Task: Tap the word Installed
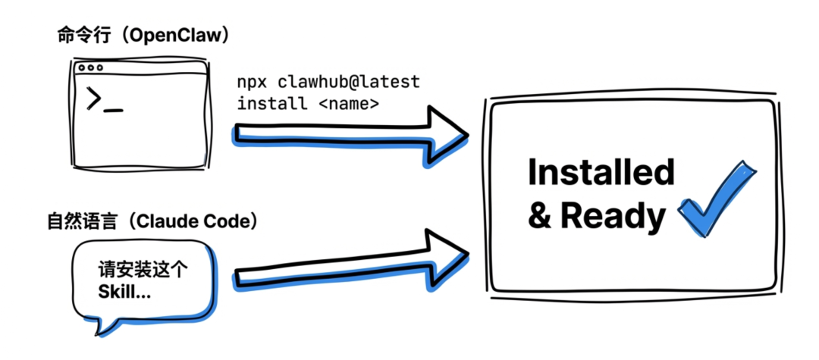point(601,172)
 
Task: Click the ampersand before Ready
point(539,217)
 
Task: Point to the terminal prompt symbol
point(95,99)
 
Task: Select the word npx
point(253,81)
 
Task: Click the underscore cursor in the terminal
point(115,110)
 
